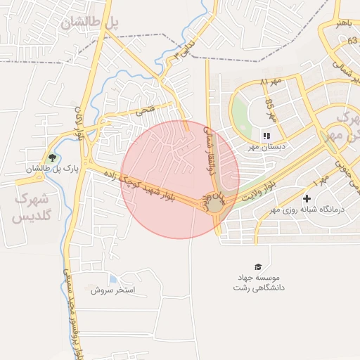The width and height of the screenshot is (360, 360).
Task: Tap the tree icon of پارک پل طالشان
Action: (51, 157)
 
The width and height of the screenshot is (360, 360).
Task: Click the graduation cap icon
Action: (258, 266)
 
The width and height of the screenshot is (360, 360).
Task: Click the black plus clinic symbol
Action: (307, 199)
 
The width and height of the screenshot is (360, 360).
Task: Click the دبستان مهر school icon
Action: (266, 136)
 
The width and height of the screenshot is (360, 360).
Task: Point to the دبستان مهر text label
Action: (263, 147)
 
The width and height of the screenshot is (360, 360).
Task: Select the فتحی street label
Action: (144, 110)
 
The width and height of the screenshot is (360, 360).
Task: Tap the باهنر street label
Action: (342, 23)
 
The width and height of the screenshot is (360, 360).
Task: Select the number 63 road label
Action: (352, 41)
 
